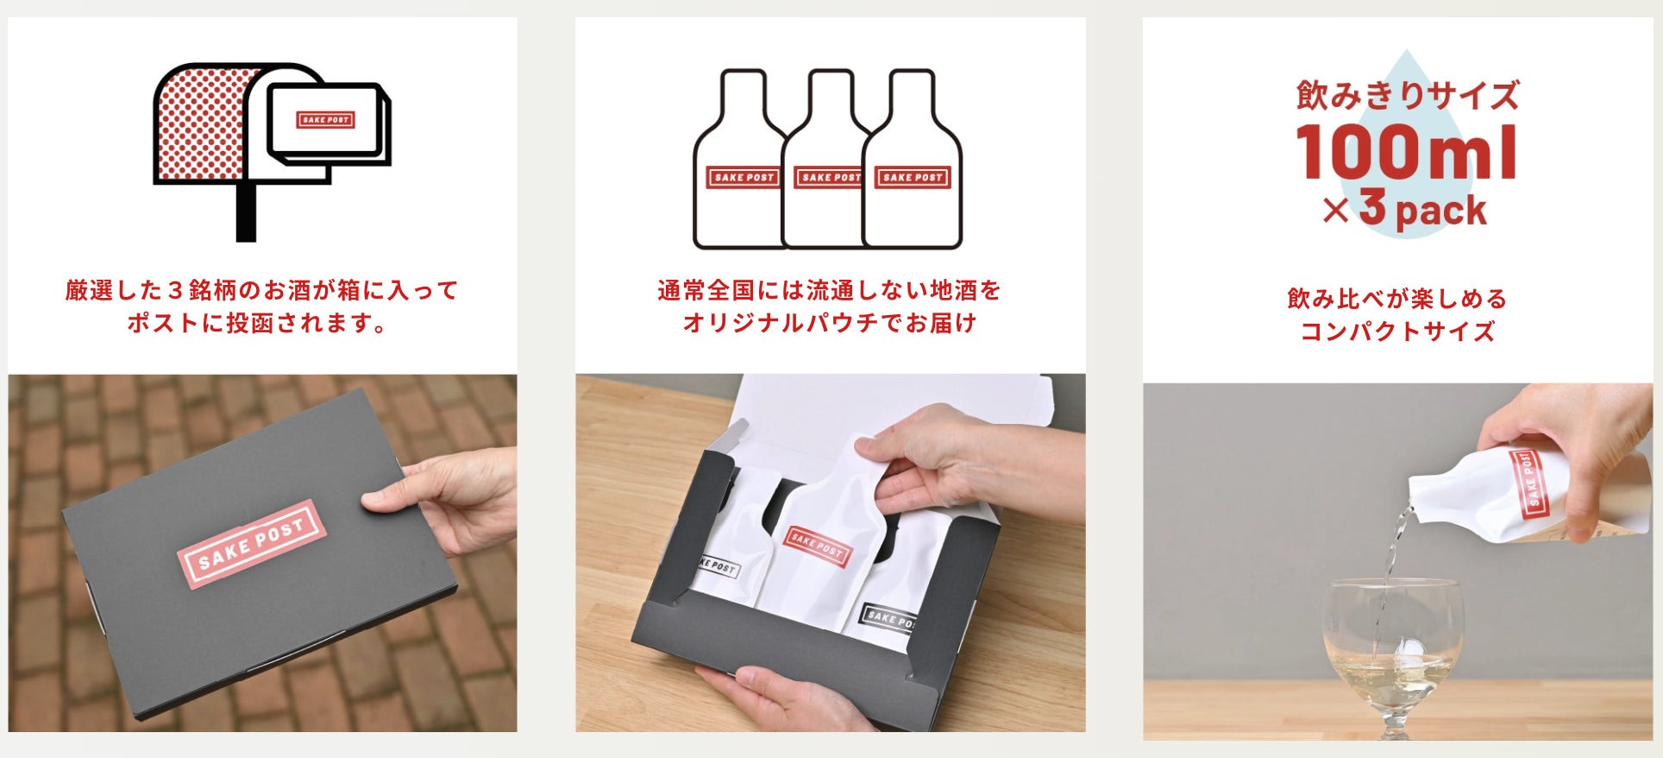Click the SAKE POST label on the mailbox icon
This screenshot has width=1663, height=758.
click(x=326, y=119)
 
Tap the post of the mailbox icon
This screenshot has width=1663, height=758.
click(x=246, y=212)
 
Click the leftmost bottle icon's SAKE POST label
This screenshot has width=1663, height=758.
click(x=744, y=177)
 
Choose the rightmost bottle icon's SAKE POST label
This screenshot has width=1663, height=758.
click(x=913, y=177)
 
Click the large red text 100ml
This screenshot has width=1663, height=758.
click(x=1406, y=152)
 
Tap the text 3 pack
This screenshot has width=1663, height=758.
click(x=1423, y=209)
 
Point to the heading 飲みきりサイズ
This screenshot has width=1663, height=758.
click(x=1407, y=94)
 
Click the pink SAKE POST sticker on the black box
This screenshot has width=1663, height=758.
click(x=251, y=543)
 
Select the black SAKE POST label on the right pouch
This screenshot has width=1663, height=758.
click(x=888, y=616)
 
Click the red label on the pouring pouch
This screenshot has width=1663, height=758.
click(x=1530, y=483)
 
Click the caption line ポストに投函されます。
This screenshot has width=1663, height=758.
click(x=257, y=323)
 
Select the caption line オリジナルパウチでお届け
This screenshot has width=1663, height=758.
click(x=830, y=323)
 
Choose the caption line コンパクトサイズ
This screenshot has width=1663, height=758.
click(x=1397, y=332)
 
